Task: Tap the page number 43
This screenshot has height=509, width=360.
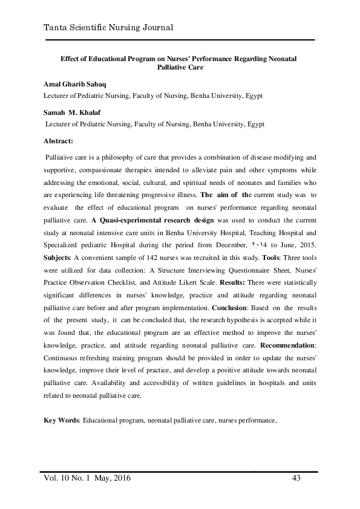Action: click(296, 479)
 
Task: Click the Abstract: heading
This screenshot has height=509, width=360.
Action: click(59, 140)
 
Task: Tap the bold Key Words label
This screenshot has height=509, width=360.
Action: click(62, 420)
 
